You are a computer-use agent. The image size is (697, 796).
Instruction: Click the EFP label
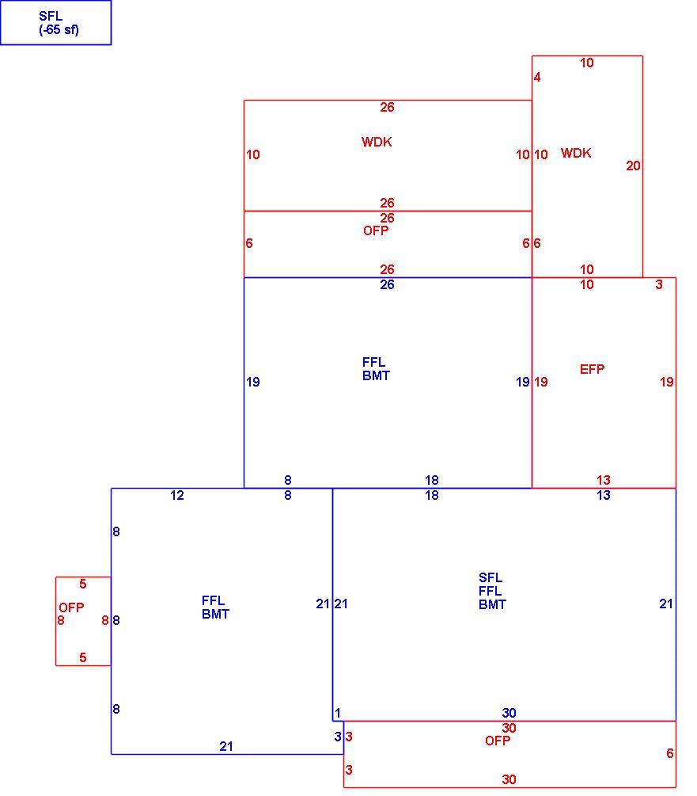click(592, 369)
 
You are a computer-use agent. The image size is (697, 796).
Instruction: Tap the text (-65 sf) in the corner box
click(59, 29)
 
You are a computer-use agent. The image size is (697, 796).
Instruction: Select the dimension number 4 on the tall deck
click(537, 77)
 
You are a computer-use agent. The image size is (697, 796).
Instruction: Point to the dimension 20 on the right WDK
click(633, 166)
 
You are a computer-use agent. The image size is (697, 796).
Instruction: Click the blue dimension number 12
click(177, 495)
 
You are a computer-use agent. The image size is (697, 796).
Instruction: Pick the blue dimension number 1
click(338, 713)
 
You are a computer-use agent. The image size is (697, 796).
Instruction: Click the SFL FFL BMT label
click(492, 591)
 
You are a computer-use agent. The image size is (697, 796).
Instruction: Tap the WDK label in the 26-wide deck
click(377, 142)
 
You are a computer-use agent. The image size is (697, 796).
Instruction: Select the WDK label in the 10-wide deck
click(576, 153)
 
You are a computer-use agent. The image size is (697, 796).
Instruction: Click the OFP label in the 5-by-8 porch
click(71, 607)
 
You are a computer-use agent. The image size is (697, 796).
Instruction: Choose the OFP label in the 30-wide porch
click(498, 741)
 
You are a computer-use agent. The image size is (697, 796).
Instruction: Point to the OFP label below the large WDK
click(376, 230)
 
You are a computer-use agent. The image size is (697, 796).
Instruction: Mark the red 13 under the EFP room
click(603, 480)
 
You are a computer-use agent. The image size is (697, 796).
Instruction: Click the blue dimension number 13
click(603, 495)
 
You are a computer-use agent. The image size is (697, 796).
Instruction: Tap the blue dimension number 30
click(509, 713)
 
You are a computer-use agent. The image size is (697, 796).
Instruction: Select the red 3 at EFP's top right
click(659, 284)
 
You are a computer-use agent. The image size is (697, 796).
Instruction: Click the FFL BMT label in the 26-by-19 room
click(376, 369)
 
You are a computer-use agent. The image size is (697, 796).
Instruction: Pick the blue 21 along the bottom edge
click(226, 746)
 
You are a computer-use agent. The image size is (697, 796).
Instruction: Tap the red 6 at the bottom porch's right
click(669, 753)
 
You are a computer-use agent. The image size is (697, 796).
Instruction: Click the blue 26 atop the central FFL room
click(388, 284)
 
